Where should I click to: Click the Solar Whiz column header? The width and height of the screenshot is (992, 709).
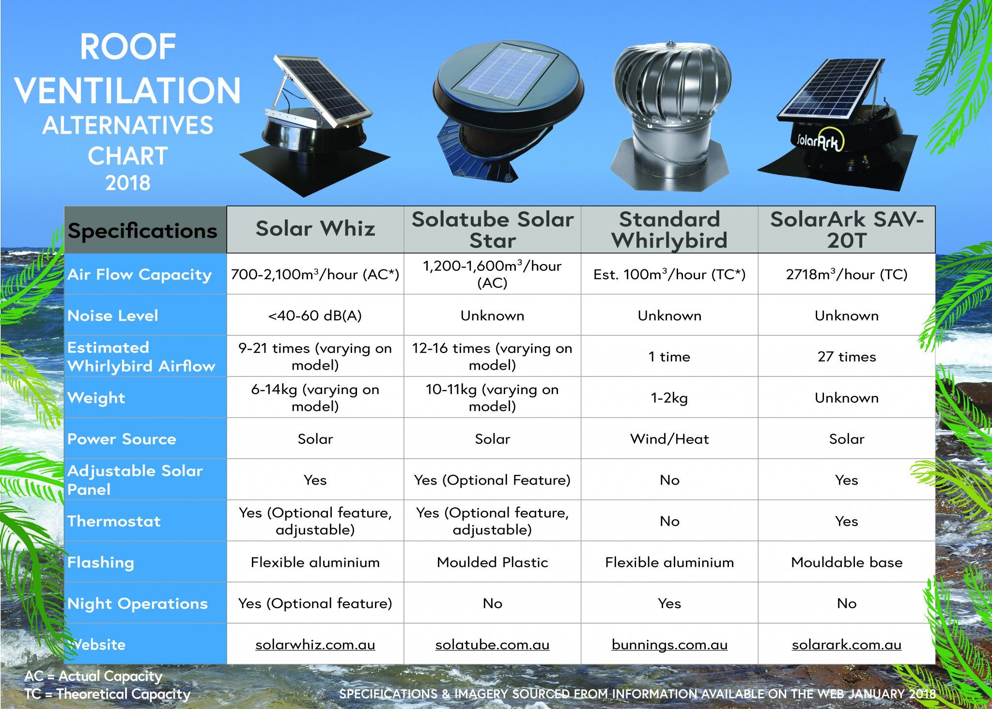tap(315, 229)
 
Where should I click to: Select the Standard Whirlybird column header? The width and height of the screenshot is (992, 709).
tap(669, 230)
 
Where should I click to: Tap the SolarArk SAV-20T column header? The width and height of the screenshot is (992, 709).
tap(847, 230)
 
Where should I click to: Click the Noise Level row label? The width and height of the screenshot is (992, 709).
tap(112, 315)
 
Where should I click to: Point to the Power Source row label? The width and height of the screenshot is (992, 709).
tap(122, 439)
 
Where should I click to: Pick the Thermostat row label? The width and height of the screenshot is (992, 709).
tap(114, 521)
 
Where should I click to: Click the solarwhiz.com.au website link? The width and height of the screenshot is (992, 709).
tap(315, 645)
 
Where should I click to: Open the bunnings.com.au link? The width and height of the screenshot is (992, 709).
tap(669, 645)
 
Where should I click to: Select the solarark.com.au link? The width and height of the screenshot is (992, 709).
tap(847, 645)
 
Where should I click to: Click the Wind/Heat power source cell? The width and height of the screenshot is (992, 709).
tap(669, 439)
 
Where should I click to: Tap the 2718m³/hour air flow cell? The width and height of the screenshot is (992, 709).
tap(847, 274)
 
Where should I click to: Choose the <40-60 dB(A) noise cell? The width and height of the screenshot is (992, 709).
tap(315, 315)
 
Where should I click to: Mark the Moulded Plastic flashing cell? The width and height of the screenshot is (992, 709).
tap(492, 562)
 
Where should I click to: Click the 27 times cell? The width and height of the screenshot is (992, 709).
tap(847, 357)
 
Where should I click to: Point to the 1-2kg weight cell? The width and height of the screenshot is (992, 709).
tap(669, 398)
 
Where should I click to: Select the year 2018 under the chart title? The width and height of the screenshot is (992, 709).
tap(128, 183)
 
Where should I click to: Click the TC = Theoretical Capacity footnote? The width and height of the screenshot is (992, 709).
tap(108, 694)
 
